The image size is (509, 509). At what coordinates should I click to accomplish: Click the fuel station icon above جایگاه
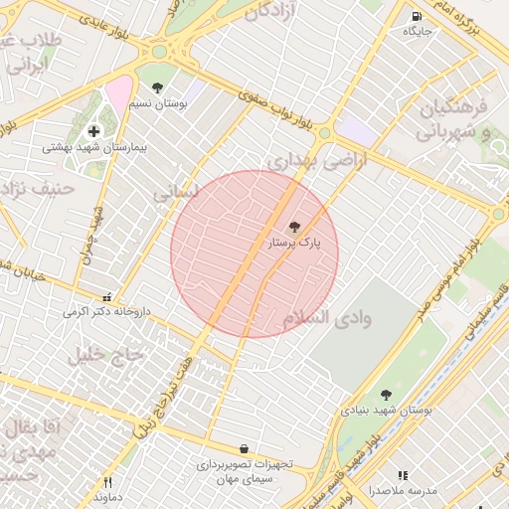tap(416, 16)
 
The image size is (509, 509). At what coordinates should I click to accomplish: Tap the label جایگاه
tap(417, 32)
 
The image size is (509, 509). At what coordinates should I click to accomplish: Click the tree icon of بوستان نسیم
tap(157, 87)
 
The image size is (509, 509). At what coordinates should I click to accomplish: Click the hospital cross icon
tap(93, 130)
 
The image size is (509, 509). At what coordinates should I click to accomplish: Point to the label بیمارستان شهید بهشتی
tap(94, 147)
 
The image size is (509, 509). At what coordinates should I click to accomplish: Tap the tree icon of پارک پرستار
tap(293, 227)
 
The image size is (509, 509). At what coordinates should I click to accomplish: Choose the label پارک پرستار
tap(296, 243)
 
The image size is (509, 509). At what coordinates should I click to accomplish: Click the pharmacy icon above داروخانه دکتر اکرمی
tap(107, 296)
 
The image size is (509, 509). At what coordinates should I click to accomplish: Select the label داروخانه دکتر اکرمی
tap(106, 312)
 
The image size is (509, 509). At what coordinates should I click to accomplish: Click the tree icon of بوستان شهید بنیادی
tap(386, 395)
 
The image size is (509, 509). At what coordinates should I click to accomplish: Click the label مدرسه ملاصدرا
tap(403, 491)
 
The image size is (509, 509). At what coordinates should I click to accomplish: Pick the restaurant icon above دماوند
tap(108, 482)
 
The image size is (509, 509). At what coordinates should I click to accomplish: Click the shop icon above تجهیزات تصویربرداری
tap(245, 449)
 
